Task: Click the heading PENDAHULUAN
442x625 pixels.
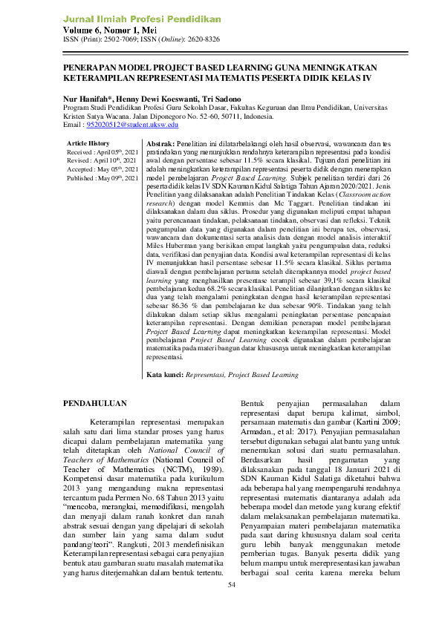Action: click(95, 404)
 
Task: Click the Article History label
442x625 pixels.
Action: click(88, 142)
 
